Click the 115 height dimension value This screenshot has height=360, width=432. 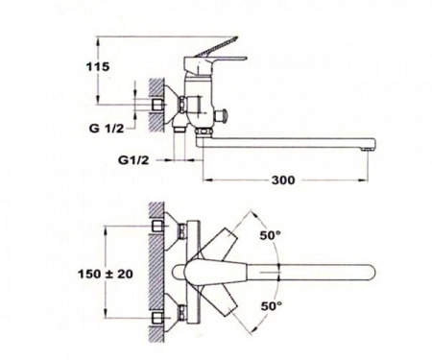click(98, 67)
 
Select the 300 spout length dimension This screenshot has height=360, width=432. click(283, 180)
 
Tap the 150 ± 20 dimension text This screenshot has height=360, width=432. click(106, 274)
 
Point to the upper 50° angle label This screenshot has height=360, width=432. click(271, 235)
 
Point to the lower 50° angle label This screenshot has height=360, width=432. click(272, 306)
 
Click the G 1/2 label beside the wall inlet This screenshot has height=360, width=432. click(107, 129)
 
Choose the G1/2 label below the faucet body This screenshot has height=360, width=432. click(133, 159)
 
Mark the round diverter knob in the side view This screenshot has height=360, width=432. click(221, 116)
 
